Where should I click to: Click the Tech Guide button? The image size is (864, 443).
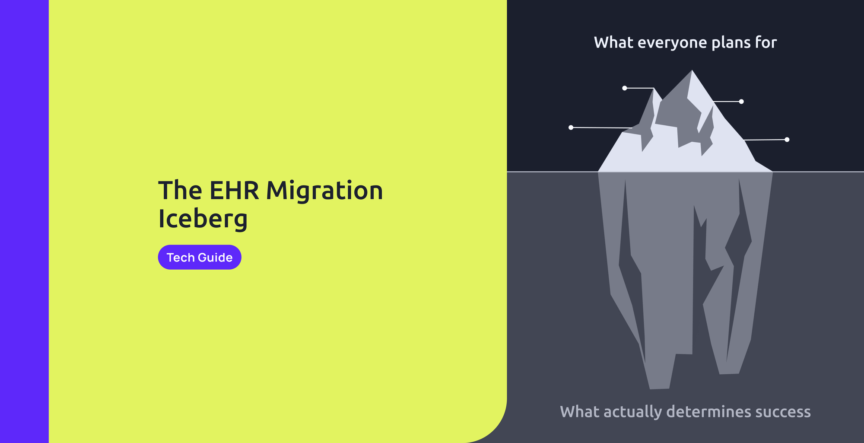[x=199, y=257]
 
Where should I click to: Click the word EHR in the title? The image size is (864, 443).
[x=234, y=191]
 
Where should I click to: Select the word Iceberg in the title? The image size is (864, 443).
[x=203, y=219]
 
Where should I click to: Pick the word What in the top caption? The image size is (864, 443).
[x=613, y=42]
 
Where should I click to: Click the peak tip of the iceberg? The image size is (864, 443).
[x=692, y=71]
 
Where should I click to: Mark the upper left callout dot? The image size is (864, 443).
[x=625, y=88]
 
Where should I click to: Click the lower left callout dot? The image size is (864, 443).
[x=571, y=127]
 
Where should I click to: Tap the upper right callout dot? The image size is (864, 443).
[x=741, y=102]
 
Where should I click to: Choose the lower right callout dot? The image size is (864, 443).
[x=787, y=140]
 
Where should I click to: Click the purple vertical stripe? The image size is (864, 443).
[x=24, y=221]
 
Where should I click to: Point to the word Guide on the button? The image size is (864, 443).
[x=215, y=258]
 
